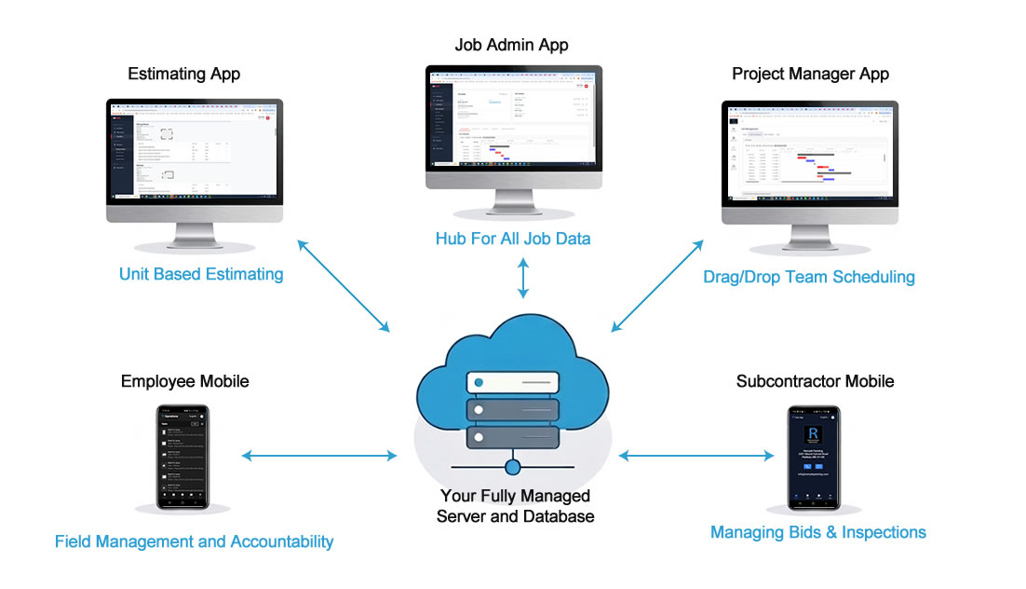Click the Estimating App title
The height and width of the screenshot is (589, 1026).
pyautogui.click(x=183, y=74)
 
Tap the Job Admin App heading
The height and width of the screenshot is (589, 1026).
pyautogui.click(x=511, y=45)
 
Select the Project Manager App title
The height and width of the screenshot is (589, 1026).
pyautogui.click(x=810, y=74)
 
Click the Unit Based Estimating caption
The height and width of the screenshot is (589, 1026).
pyautogui.click(x=201, y=274)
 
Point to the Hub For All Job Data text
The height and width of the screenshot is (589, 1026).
pyautogui.click(x=512, y=239)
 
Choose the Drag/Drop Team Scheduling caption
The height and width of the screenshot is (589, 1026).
pyautogui.click(x=809, y=277)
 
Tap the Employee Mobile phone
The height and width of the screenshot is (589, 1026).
pyautogui.click(x=182, y=457)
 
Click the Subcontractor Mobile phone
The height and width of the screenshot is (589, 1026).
pyautogui.click(x=814, y=458)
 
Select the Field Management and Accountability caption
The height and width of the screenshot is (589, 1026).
pyautogui.click(x=194, y=541)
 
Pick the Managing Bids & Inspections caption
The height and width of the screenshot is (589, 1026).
pyautogui.click(x=817, y=532)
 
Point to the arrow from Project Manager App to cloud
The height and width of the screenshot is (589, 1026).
pyautogui.click(x=656, y=285)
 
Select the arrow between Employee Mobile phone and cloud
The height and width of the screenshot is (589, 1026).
pyautogui.click(x=318, y=456)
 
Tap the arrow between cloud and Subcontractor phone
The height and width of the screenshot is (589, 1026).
pyautogui.click(x=696, y=456)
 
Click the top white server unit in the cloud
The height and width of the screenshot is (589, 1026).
pyautogui.click(x=513, y=383)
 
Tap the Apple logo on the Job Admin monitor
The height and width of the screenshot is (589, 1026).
pyautogui.click(x=514, y=180)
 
